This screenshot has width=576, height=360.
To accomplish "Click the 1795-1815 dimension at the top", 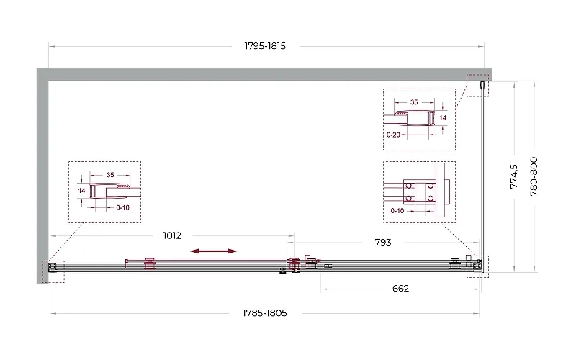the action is click(265, 46).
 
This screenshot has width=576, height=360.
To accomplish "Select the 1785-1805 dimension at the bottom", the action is click(264, 313).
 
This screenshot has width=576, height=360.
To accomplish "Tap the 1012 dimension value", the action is click(172, 235).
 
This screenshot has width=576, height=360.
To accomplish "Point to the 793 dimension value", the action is click(383, 242).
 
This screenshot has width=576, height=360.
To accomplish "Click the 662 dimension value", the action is click(400, 289).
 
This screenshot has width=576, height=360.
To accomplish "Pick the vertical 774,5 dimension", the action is click(513, 176).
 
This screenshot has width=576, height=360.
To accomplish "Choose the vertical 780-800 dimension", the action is click(534, 176).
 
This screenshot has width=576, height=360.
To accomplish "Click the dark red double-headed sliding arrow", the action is click(213, 251).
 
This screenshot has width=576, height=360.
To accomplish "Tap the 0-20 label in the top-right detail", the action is click(393, 135).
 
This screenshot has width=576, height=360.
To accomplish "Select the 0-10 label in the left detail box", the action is click(122, 207).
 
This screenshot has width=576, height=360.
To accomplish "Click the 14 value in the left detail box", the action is click(81, 191).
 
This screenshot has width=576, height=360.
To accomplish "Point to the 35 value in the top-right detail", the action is click(414, 102).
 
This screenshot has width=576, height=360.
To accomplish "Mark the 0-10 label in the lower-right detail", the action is click(397, 210).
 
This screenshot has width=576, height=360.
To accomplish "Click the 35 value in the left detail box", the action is click(110, 175).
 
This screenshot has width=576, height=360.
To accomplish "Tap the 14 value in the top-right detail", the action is click(443, 118).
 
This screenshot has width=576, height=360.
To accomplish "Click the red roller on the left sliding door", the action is click(150, 264).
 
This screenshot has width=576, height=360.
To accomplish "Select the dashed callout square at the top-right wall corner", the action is click(477, 86).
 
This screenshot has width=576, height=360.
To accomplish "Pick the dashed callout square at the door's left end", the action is click(53, 272).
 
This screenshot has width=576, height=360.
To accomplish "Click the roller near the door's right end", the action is click(455, 264).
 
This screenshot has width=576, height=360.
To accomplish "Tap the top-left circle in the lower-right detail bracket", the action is click(408, 186).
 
